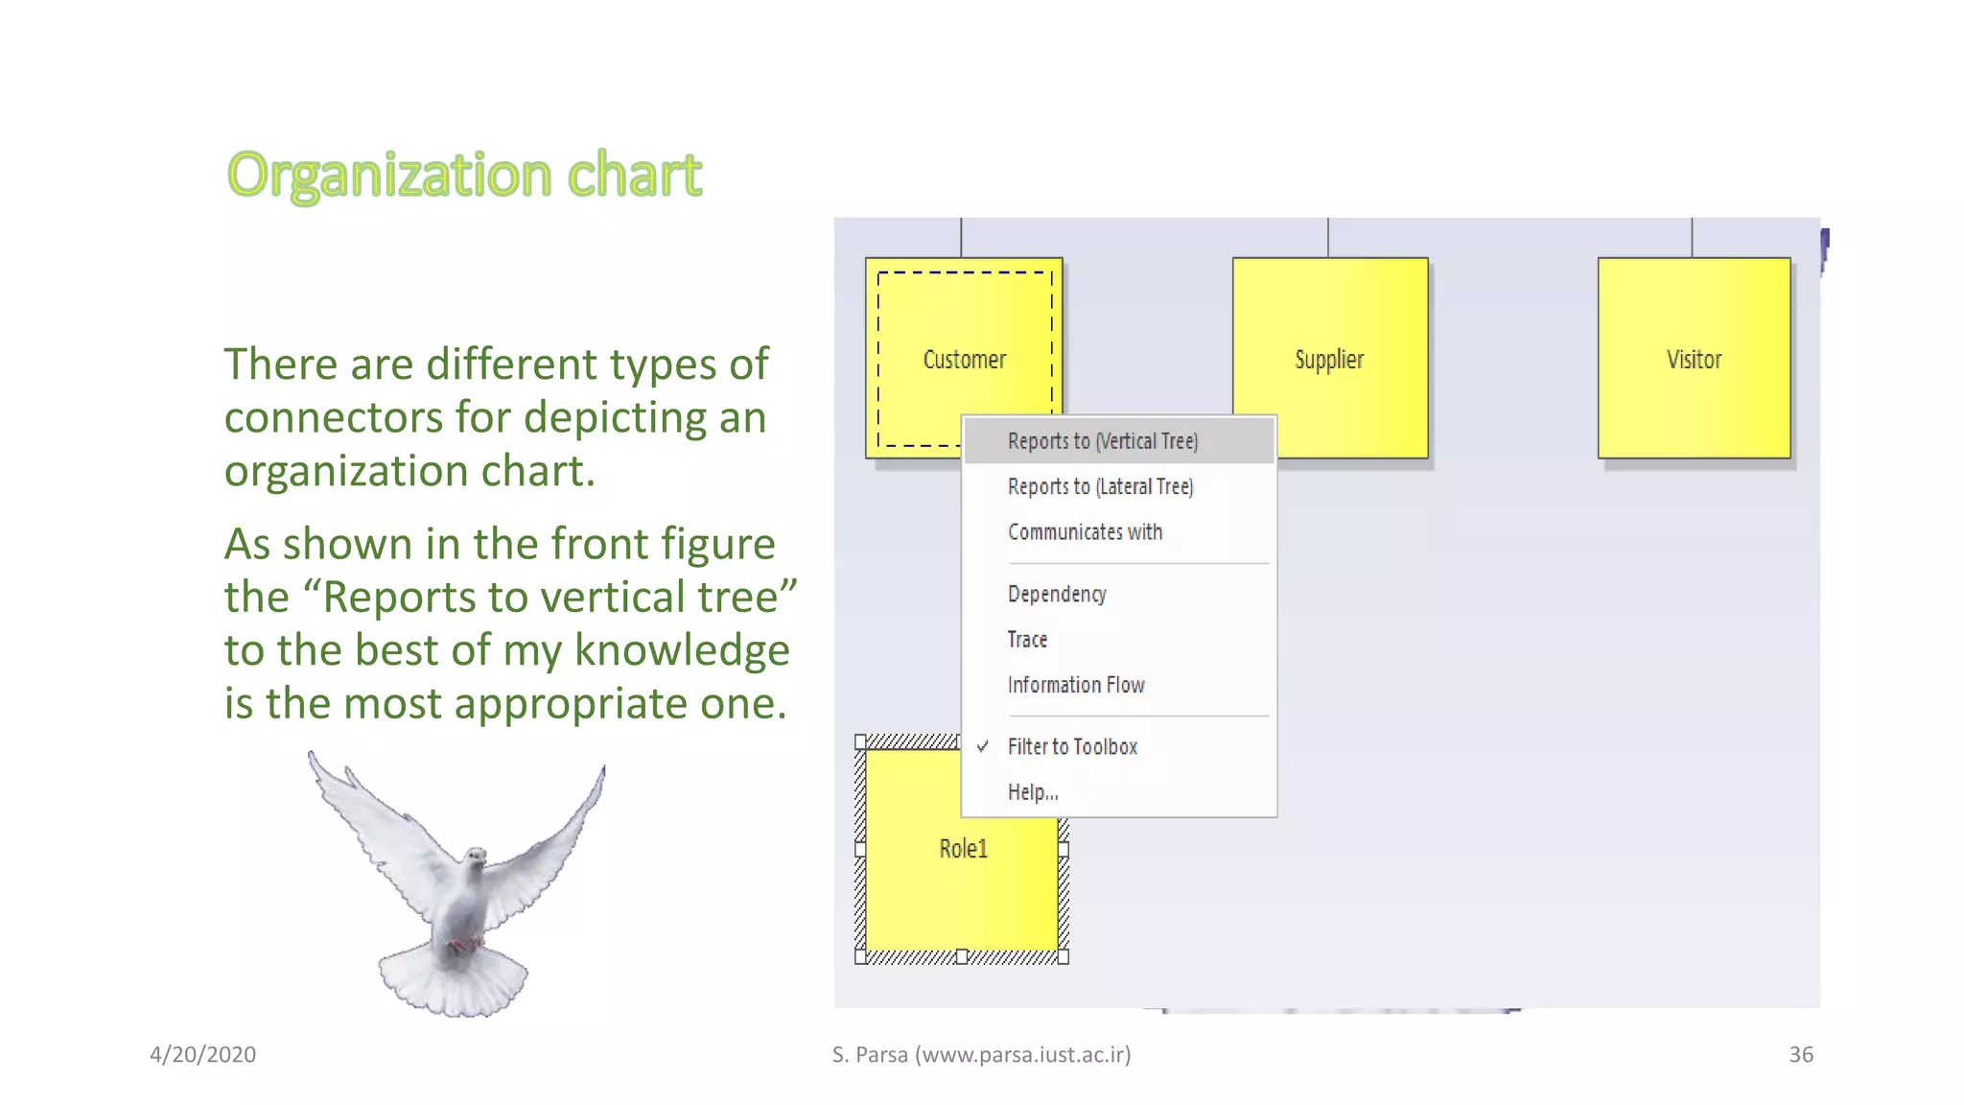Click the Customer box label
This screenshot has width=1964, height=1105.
pos(964,360)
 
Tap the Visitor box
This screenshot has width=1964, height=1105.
pos(1694,358)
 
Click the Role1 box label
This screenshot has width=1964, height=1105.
pos(963,849)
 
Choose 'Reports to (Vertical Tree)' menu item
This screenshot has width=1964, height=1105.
pos(1103,441)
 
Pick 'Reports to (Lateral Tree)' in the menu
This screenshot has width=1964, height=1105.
pos(1100,486)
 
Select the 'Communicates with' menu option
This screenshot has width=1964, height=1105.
pos(1085,532)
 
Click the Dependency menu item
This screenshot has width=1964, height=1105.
pos(1057,594)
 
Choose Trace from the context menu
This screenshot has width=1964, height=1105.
pos(1027,640)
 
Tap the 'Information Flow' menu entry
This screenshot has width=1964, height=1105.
pos(1076,685)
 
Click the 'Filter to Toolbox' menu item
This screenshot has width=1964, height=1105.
pos(1072,746)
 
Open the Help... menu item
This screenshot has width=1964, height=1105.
pos(1033,792)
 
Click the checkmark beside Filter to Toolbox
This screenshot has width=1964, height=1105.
pos(983,746)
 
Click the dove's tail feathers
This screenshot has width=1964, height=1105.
pos(453,983)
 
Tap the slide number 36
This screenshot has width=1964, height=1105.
pos(1800,1054)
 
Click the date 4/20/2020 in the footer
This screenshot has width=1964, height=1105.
pos(202,1054)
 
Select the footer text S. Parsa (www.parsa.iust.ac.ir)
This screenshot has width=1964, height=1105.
pos(981,1054)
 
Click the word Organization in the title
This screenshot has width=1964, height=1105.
pos(389,175)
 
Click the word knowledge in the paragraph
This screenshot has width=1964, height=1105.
pos(682,649)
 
